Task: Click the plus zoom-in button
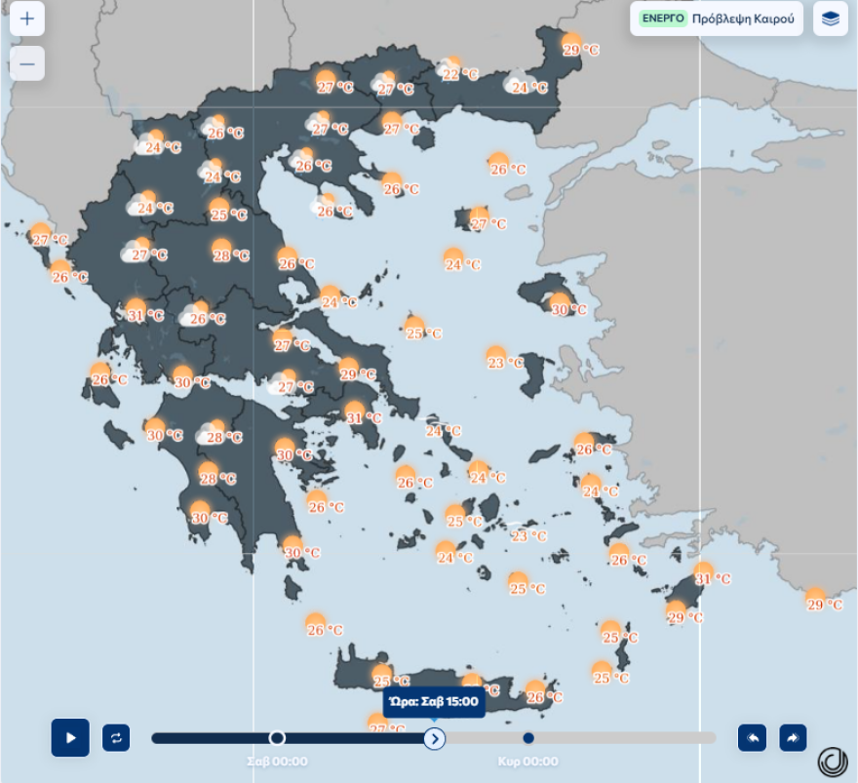(x=27, y=19)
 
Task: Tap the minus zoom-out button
(x=27, y=64)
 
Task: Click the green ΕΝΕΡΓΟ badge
(x=663, y=19)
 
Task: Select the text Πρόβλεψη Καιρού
(x=743, y=19)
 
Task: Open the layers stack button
(x=830, y=19)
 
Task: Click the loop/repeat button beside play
(x=116, y=737)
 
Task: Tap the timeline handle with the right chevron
(x=435, y=738)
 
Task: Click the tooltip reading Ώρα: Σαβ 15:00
(x=434, y=701)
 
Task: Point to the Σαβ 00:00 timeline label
(x=277, y=762)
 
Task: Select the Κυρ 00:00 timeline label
(x=527, y=762)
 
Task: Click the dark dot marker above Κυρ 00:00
(x=528, y=738)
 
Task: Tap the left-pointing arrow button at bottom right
(x=752, y=738)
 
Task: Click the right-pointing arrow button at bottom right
(x=793, y=738)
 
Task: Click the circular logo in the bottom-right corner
(x=832, y=761)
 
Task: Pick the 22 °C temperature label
(x=460, y=74)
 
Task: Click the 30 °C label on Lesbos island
(x=568, y=309)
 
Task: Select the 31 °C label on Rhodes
(x=712, y=578)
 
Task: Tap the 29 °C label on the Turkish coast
(x=824, y=605)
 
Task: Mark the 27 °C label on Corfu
(x=50, y=239)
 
